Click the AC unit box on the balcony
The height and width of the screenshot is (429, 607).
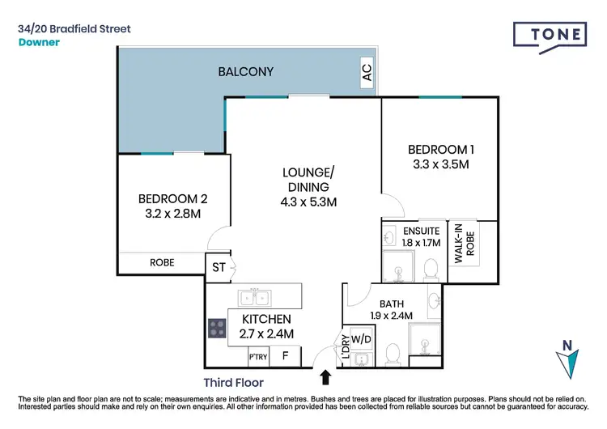(x=367, y=73)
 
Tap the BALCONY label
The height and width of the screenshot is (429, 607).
(x=246, y=72)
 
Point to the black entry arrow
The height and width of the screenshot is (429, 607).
(x=326, y=376)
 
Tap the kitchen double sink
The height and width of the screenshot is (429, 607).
(x=254, y=295)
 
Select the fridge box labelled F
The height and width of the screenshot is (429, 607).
(x=285, y=355)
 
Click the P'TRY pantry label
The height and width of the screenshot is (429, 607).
(x=258, y=356)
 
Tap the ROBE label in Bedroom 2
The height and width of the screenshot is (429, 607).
(x=162, y=263)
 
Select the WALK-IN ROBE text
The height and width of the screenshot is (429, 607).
(x=459, y=243)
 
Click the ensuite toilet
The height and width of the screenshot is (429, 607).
(x=431, y=268)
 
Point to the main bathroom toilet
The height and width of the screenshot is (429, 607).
(x=393, y=353)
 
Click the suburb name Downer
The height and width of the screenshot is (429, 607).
(x=39, y=42)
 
